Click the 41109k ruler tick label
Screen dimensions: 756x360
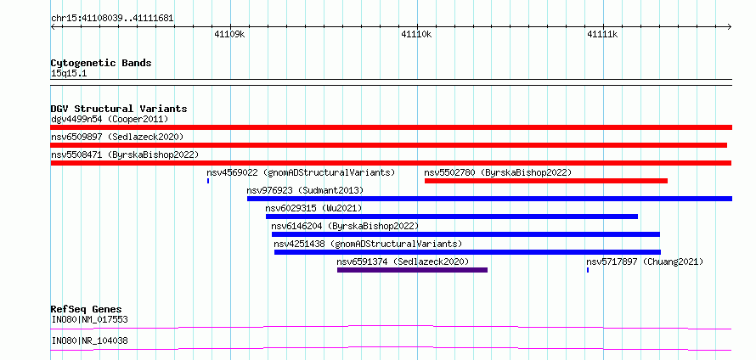(x=229, y=34)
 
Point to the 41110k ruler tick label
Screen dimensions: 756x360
(x=416, y=34)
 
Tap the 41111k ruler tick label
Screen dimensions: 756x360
(x=602, y=34)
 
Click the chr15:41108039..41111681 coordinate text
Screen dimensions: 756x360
(x=112, y=19)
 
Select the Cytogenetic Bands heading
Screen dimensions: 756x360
(x=101, y=63)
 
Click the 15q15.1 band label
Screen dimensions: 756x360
(x=69, y=74)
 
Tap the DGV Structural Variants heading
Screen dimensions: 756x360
(x=119, y=109)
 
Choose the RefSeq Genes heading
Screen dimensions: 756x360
(x=87, y=309)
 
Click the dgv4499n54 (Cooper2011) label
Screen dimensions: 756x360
(x=110, y=119)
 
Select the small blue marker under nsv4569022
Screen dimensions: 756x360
(x=208, y=181)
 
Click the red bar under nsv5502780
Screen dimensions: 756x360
(x=546, y=181)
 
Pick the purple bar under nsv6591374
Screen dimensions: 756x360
(x=412, y=270)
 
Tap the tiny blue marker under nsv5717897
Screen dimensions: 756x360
(x=588, y=270)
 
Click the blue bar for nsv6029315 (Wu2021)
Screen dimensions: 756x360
(x=452, y=217)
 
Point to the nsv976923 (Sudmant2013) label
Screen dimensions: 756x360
(x=305, y=190)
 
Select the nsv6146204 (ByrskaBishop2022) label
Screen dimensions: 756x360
(x=345, y=226)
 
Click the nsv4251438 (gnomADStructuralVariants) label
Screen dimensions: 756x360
(x=368, y=244)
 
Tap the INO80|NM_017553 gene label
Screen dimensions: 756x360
(x=90, y=319)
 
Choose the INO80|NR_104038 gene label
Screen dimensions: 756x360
(x=90, y=341)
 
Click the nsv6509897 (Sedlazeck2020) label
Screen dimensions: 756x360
(x=117, y=137)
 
